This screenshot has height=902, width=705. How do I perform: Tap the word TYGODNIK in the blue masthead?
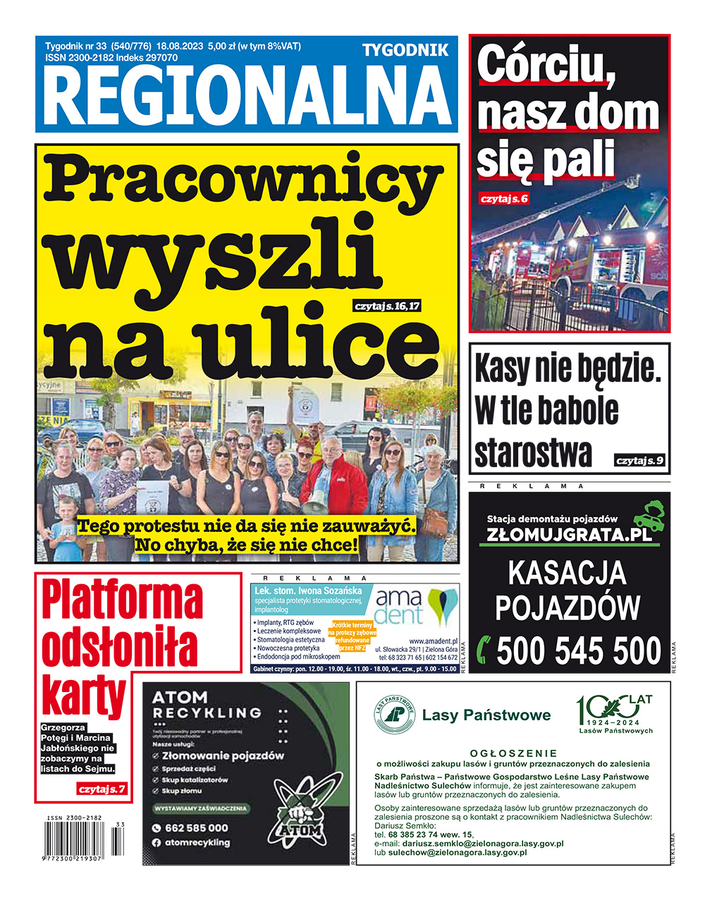coord(405,50)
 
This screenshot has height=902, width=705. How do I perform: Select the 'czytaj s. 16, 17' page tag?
coord(387,307)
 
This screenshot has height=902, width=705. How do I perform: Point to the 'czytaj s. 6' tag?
coord(503,199)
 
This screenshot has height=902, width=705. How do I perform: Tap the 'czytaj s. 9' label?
coord(639,461)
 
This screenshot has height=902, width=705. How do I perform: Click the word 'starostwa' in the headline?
coord(533,452)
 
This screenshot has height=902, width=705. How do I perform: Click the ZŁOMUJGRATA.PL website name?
coord(569,535)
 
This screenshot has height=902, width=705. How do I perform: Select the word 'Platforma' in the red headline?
coord(122,600)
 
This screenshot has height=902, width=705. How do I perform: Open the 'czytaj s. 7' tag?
coord(102,789)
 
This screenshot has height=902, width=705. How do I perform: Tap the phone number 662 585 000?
coord(196,828)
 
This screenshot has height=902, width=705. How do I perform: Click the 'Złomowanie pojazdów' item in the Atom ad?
coord(222,755)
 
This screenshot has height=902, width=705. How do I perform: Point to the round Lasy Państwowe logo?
coord(394,716)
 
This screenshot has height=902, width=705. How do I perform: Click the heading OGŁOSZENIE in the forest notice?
coord(513,753)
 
